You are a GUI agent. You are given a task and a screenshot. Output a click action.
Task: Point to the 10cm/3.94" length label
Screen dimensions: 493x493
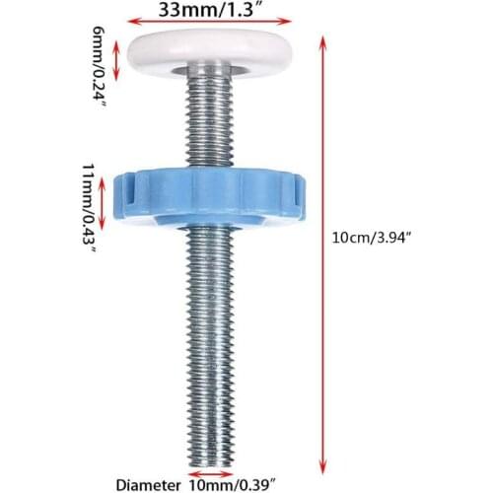(372, 238)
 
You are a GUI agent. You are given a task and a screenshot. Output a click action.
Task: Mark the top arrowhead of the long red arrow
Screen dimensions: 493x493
(322, 40)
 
